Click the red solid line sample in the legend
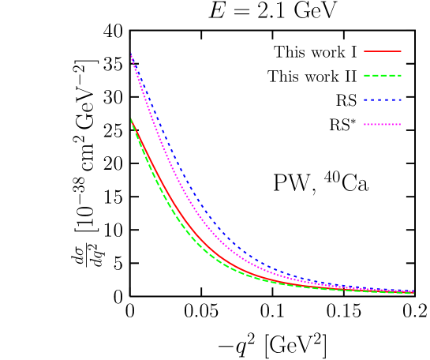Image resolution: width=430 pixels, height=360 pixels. pos(383,51)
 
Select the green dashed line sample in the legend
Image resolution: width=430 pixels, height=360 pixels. pos(383,76)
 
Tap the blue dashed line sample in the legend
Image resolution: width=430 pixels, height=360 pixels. pos(383,100)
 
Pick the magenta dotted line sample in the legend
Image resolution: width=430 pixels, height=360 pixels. pos(383,125)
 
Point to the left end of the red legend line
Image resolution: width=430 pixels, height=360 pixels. pos(365,51)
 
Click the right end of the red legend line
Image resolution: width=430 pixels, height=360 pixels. pos(401,51)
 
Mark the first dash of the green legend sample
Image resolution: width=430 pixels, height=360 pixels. pos(367,76)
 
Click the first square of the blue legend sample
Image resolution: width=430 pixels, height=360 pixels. pos(365,100)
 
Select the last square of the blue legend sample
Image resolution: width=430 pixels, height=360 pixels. pos(400,100)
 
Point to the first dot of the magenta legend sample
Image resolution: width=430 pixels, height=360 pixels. pos(365,125)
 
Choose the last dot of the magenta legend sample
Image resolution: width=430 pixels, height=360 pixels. pos(400,125)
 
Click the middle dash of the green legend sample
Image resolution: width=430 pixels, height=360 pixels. pos(383,76)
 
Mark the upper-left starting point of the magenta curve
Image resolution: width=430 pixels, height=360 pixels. pos(131,54)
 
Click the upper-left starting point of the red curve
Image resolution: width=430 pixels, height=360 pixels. pos(131,119)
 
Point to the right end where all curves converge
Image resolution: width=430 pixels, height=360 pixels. pos(413,292)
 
